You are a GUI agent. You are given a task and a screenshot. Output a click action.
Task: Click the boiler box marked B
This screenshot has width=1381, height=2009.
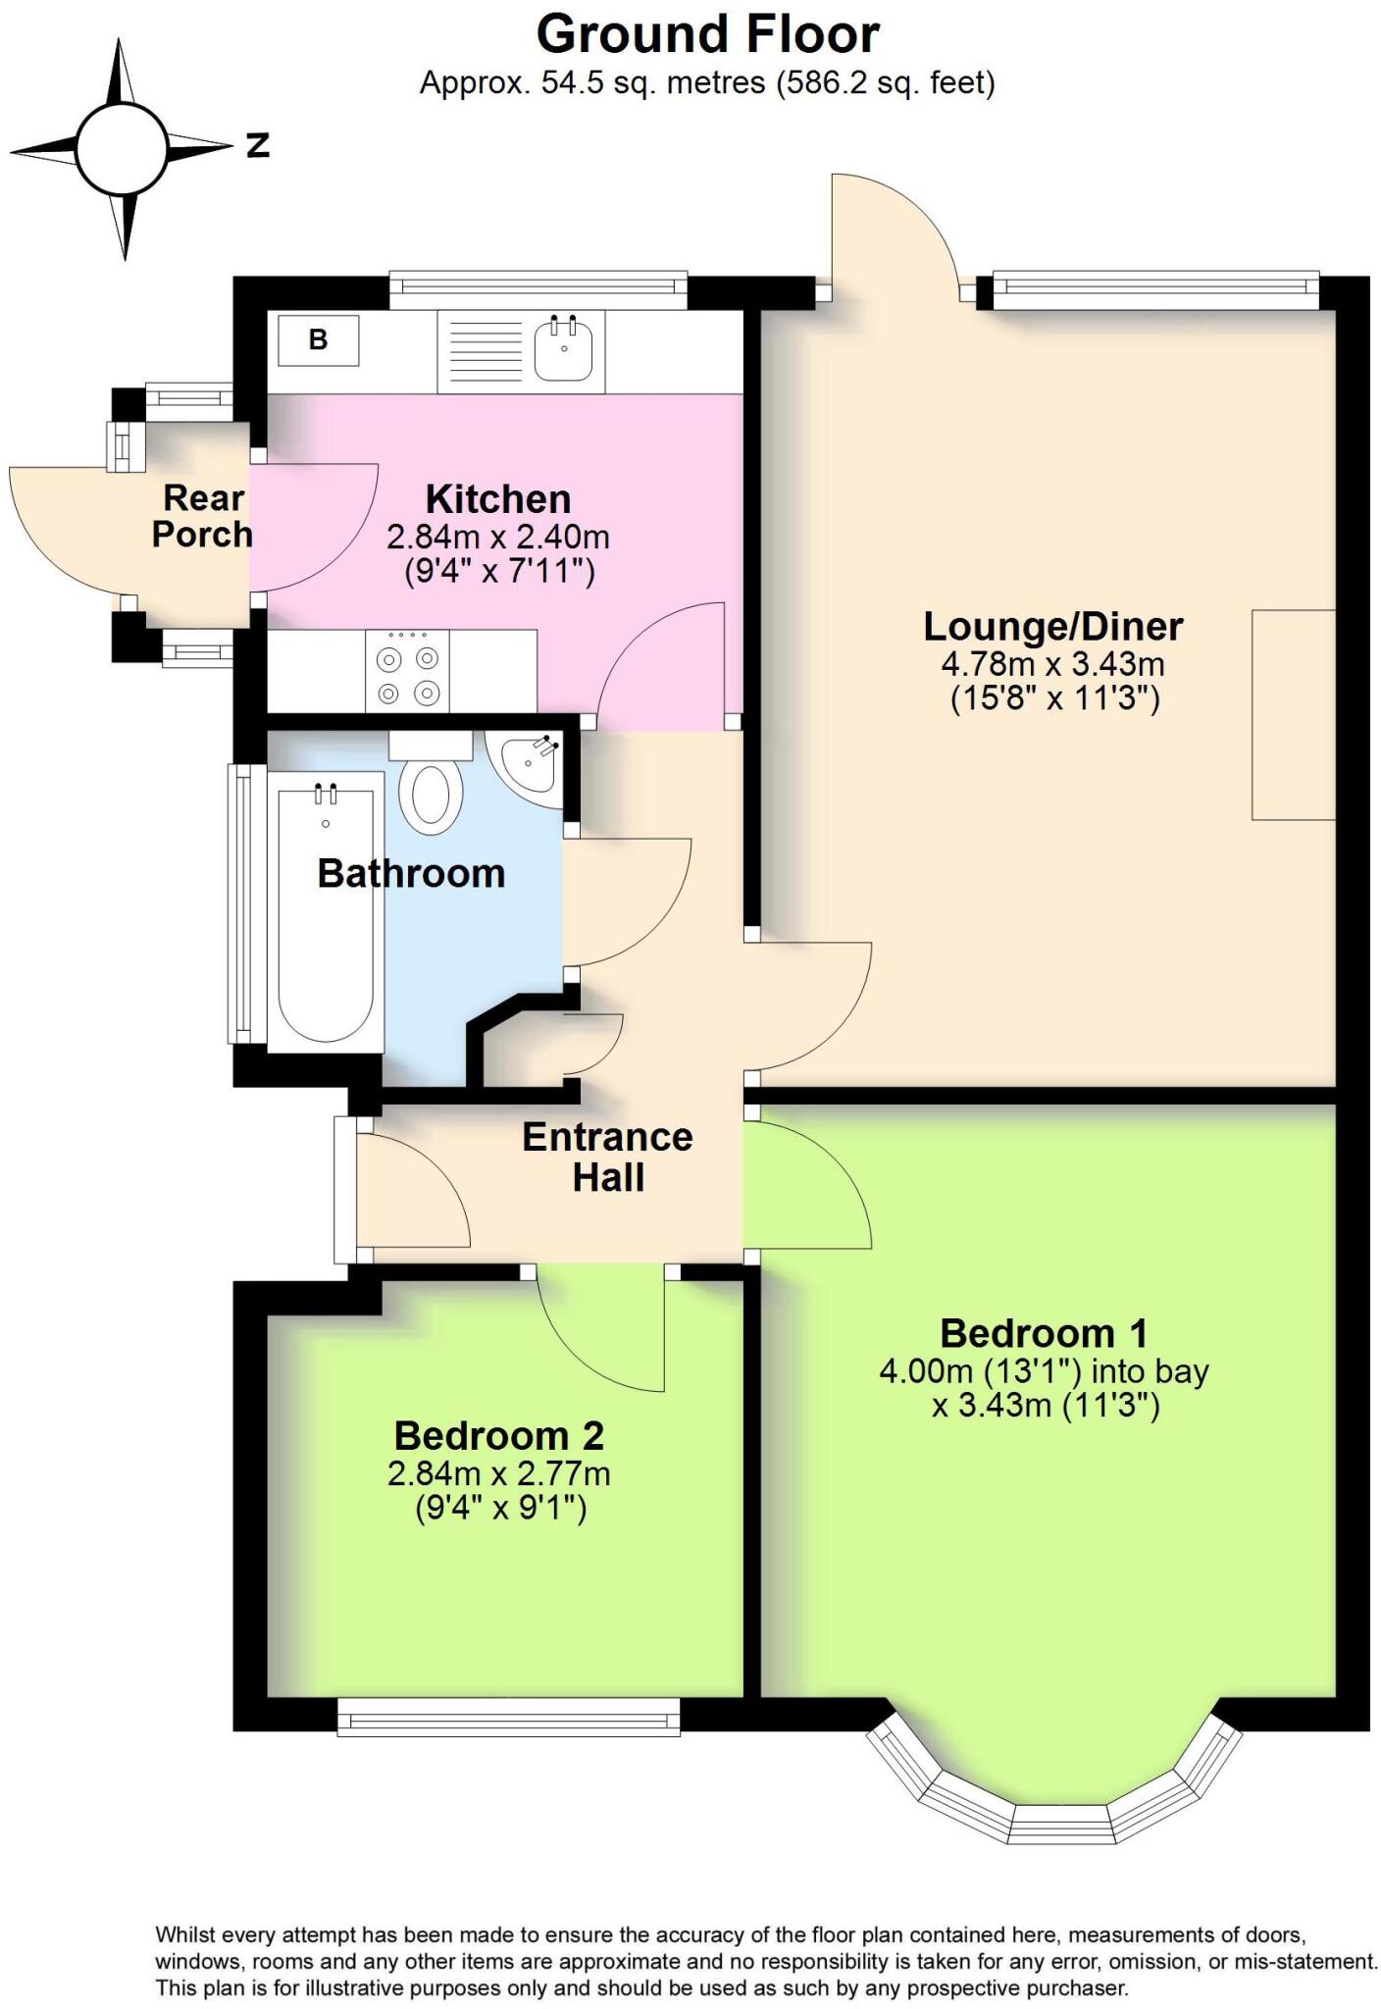(x=318, y=340)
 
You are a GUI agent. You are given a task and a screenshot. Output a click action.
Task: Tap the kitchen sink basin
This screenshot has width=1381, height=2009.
(x=563, y=349)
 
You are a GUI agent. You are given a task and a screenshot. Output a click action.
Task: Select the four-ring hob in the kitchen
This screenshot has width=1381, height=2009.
(x=407, y=671)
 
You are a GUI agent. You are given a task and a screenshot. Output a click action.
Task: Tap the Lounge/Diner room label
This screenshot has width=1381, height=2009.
(x=1052, y=626)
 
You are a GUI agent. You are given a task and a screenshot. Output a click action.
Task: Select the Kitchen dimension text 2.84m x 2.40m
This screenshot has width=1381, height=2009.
(x=498, y=537)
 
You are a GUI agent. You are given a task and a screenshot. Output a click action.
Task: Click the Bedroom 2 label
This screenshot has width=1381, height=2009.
(x=498, y=1435)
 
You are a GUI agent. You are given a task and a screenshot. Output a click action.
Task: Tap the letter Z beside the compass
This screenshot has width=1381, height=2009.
(x=257, y=146)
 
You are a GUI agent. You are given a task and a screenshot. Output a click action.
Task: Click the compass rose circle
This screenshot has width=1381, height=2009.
(x=122, y=150)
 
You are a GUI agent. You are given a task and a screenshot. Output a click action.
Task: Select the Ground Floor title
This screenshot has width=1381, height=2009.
(x=707, y=35)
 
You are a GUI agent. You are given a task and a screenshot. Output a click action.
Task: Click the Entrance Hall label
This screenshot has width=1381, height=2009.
(x=607, y=1157)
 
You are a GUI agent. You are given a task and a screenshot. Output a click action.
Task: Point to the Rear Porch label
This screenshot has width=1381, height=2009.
(x=202, y=516)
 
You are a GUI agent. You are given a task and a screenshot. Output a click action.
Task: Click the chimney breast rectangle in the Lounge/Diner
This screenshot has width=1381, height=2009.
(x=1293, y=714)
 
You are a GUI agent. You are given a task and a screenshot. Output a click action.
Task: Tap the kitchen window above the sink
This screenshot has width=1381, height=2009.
(x=537, y=286)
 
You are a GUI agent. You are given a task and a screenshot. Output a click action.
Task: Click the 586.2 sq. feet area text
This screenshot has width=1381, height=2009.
(x=885, y=83)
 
